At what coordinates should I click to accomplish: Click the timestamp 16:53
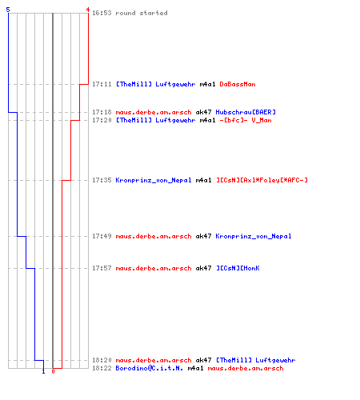[x=102, y=13]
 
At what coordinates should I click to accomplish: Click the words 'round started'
[x=142, y=13]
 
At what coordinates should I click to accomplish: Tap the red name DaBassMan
[x=238, y=84]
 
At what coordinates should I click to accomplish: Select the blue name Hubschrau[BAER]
[x=246, y=112]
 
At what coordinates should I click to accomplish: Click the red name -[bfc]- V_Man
[x=246, y=120]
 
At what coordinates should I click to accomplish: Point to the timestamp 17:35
[x=102, y=180]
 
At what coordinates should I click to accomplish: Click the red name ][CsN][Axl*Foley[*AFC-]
[x=262, y=180]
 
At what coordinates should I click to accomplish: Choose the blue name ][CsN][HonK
[x=238, y=268]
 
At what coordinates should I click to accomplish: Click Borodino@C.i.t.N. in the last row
[x=150, y=368]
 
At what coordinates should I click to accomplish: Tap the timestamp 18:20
[x=102, y=360]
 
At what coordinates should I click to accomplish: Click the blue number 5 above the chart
[x=8, y=10]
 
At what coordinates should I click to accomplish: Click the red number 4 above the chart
[x=88, y=10]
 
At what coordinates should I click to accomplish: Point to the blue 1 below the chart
[x=43, y=371]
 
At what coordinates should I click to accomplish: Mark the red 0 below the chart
[x=53, y=371]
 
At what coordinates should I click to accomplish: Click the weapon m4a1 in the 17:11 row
[x=207, y=84]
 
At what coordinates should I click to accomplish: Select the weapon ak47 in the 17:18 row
[x=203, y=112]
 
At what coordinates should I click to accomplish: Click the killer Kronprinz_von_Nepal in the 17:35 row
[x=154, y=180]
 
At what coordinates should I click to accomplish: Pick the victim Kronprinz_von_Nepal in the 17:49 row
[x=254, y=236]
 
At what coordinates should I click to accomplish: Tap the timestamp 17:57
[x=102, y=268]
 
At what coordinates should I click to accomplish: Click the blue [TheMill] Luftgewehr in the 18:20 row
[x=255, y=360]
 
